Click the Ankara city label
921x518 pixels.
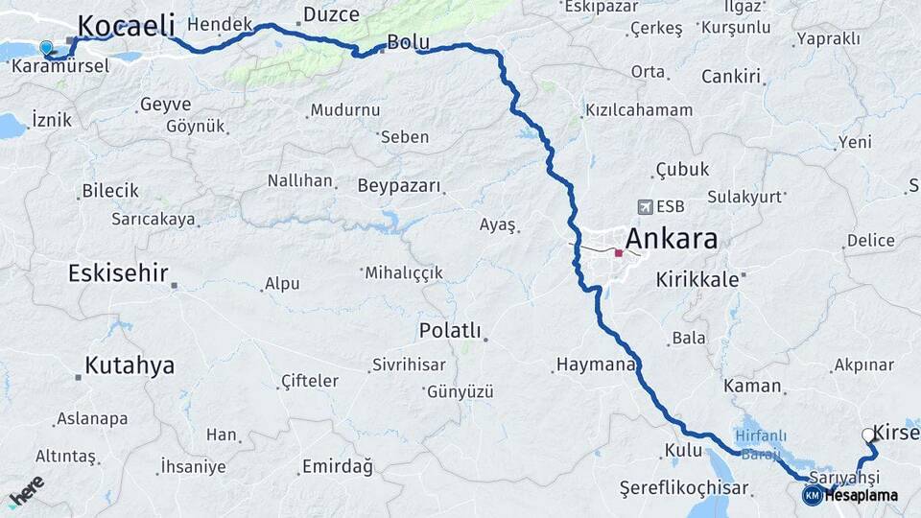coord(671,239)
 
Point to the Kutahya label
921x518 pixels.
coord(130,365)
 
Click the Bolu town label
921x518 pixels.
coord(408,42)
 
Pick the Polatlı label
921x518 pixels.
coord(449,330)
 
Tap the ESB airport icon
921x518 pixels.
coord(642,206)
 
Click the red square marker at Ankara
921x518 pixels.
coord(619,253)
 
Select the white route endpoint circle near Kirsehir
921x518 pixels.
coord(868,435)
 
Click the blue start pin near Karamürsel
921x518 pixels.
coord(45,47)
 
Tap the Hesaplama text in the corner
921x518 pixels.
coord(861,496)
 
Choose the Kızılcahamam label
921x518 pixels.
coord(639,110)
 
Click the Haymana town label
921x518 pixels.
coord(595,365)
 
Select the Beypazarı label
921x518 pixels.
coord(398,185)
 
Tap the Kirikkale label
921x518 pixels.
coord(697,279)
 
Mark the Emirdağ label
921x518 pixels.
coord(337,466)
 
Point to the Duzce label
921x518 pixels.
coord(331,14)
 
